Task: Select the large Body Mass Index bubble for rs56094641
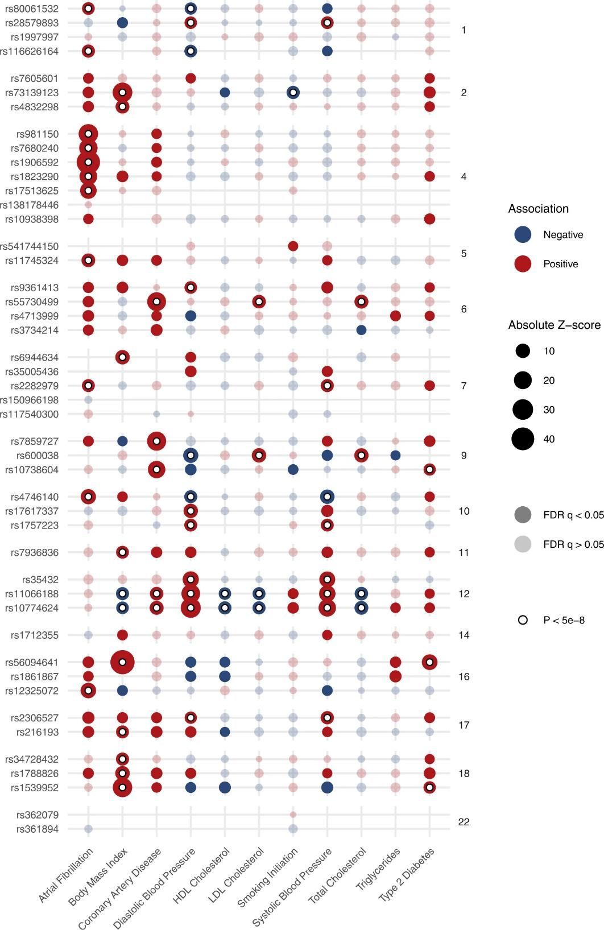[122, 662]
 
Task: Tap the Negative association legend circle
[522, 234]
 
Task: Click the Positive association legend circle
[522, 264]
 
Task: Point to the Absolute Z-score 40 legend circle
[522, 439]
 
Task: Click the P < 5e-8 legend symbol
[522, 620]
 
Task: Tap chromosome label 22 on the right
[464, 822]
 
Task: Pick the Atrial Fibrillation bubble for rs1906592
[88, 162]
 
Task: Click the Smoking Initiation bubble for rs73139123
[293, 92]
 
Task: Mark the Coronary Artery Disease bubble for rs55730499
[156, 301]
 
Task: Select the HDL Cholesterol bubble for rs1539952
[225, 787]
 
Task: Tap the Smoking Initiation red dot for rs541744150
[293, 246]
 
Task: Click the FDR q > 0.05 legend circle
[522, 544]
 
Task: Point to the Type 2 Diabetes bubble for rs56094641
[429, 662]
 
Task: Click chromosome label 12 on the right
[464, 594]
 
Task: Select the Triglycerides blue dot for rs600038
[395, 455]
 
